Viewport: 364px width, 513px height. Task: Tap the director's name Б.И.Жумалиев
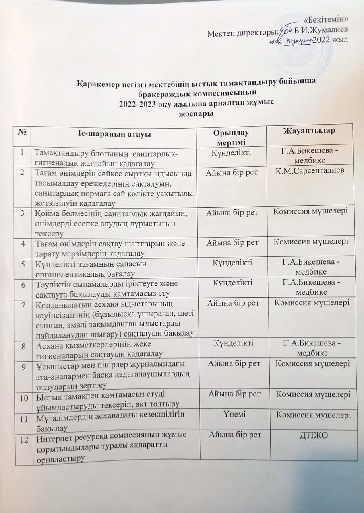[x=321, y=30]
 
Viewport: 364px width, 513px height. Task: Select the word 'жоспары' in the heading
[x=196, y=113]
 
